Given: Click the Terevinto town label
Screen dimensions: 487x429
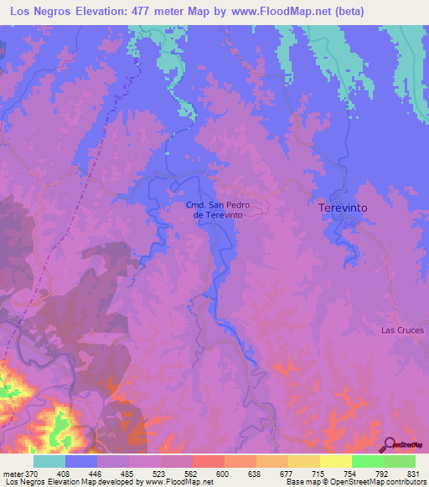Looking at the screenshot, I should (x=344, y=206).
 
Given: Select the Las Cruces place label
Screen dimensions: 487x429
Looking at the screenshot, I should (x=403, y=330).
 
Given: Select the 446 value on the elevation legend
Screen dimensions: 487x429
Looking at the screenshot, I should (x=97, y=473).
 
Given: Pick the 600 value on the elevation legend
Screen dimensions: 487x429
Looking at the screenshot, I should (x=224, y=473).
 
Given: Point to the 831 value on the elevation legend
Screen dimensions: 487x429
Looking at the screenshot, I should (x=414, y=473).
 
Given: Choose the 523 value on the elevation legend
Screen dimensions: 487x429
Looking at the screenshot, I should (x=161, y=473).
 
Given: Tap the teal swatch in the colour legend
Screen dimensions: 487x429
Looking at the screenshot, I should (x=49, y=461).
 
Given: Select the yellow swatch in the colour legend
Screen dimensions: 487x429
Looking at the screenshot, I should (x=335, y=461).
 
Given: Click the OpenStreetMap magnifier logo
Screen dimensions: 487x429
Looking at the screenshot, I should (x=389, y=443).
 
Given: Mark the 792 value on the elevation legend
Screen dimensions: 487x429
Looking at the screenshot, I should (x=382, y=473).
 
